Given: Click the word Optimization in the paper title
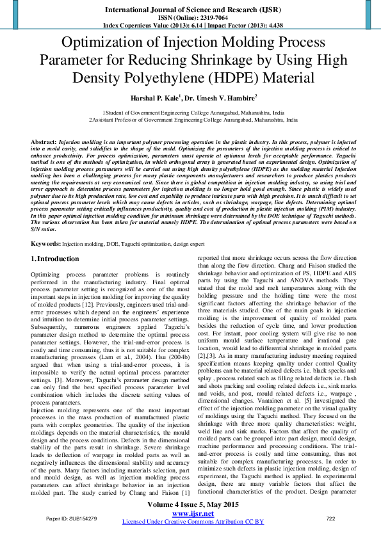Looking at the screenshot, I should coord(111,44).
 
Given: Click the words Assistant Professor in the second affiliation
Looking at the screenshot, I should coord(119,118).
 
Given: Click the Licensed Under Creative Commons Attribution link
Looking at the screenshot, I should coord(189,522).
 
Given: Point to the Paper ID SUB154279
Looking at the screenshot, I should coord(72,517).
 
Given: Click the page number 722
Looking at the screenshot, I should coord(330,517).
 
